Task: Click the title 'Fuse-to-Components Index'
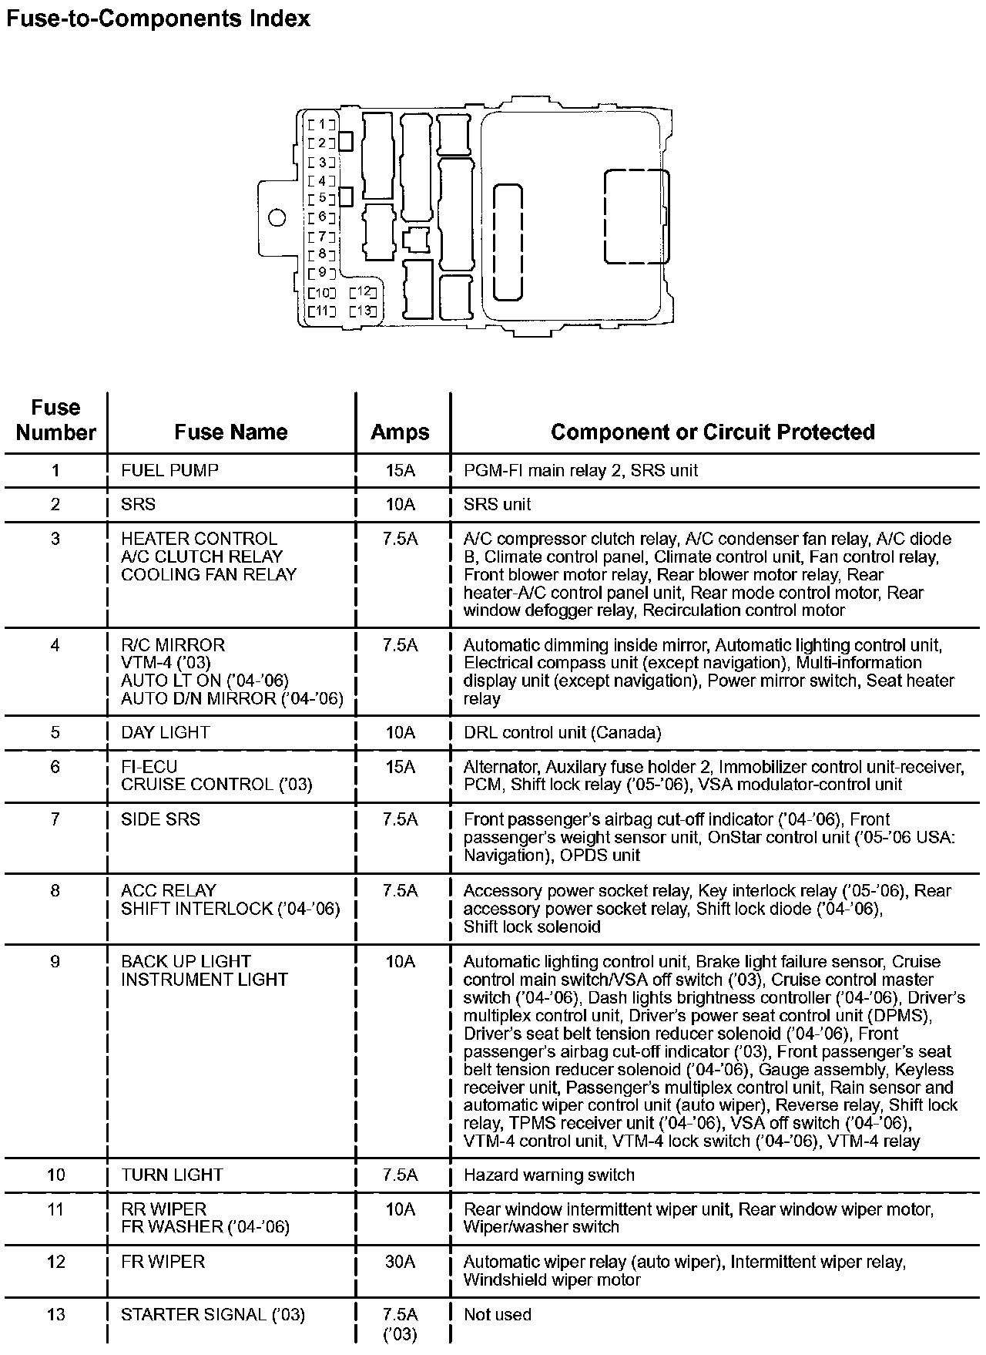158,18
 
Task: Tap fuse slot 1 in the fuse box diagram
321,124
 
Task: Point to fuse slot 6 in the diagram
321,217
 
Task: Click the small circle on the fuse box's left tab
277,218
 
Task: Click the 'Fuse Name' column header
231,432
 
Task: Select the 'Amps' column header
400,432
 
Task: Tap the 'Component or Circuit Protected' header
713,432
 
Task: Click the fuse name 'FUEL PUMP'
169,470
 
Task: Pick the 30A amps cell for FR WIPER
400,1262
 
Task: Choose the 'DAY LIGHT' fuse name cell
165,732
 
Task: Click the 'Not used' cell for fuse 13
497,1314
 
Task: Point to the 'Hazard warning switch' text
548,1175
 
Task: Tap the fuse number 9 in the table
55,962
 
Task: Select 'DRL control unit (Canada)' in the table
562,732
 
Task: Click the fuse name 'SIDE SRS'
160,819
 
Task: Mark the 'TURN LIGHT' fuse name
172,1175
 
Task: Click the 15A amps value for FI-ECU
400,767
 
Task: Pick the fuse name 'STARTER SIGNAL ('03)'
213,1314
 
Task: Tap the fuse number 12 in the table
55,1262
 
